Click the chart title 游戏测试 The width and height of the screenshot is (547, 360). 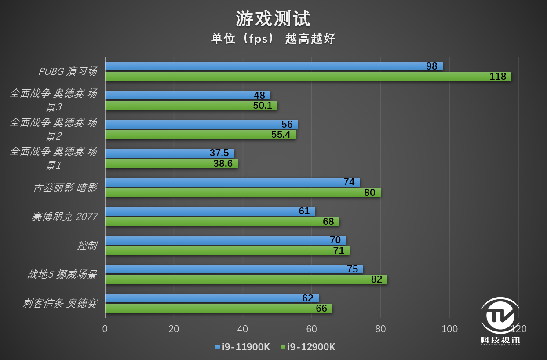(273, 18)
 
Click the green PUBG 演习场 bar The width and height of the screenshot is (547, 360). (308, 77)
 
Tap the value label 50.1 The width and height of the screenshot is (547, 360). (263, 106)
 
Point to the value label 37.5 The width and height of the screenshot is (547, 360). (219, 153)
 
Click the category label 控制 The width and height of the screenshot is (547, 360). (87, 246)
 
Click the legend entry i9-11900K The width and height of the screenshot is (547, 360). (242, 347)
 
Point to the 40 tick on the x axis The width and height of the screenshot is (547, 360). (243, 329)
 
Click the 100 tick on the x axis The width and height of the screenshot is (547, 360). (449, 329)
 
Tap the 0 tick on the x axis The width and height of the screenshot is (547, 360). (105, 329)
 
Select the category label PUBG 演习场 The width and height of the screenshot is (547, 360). (67, 71)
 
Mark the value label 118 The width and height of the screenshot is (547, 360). (498, 77)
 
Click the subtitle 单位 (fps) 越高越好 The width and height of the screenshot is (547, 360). (273, 39)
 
